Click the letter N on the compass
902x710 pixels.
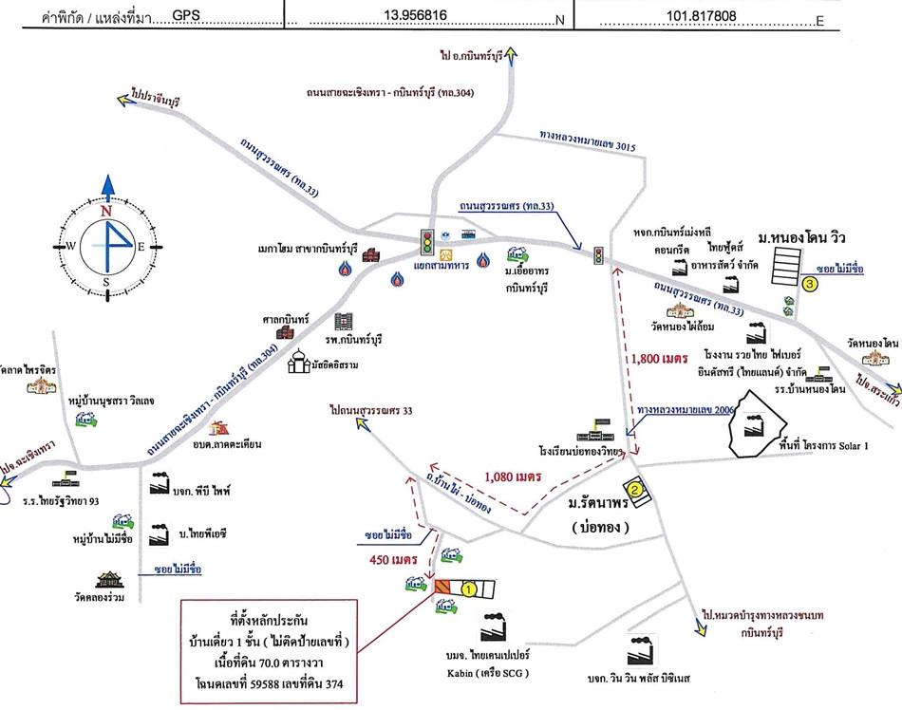click(106, 211)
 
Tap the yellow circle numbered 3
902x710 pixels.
click(809, 283)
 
